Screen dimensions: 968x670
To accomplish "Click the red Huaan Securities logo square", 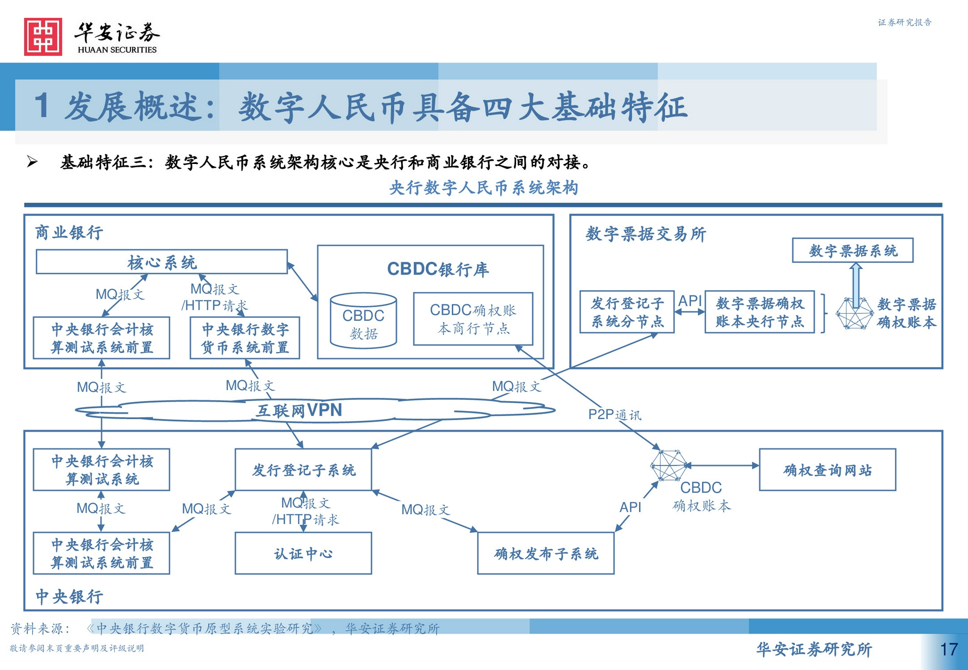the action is tap(43, 37).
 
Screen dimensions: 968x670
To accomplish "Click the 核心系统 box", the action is tap(162, 262).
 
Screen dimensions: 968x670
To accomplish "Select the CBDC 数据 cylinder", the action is tap(363, 321).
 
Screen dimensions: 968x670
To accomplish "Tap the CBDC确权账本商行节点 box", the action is tap(473, 319).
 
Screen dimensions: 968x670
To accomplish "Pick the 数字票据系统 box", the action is tap(853, 250).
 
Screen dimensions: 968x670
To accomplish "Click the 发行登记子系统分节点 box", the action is tap(627, 312).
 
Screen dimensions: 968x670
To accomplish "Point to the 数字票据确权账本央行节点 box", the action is tap(760, 312).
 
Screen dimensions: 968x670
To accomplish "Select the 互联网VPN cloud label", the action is tap(299, 410).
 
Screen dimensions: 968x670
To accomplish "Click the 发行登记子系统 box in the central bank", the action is tap(303, 470).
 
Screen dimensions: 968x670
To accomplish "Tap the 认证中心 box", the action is tap(303, 553).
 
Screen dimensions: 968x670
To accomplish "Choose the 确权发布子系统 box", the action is tap(546, 553).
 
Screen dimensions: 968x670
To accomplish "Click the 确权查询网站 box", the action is tap(828, 470).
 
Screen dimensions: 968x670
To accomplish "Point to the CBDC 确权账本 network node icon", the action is tap(669, 465).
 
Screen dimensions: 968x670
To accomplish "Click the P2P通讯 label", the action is tap(614, 415).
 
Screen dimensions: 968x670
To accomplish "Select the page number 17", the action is tap(949, 649).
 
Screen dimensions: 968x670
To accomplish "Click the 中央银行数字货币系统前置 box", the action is tap(245, 338).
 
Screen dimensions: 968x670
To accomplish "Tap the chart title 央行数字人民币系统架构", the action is tap(484, 188).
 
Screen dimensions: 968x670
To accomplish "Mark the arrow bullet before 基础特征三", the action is tap(32, 162).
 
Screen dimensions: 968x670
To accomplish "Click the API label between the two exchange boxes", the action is tap(690, 301).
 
